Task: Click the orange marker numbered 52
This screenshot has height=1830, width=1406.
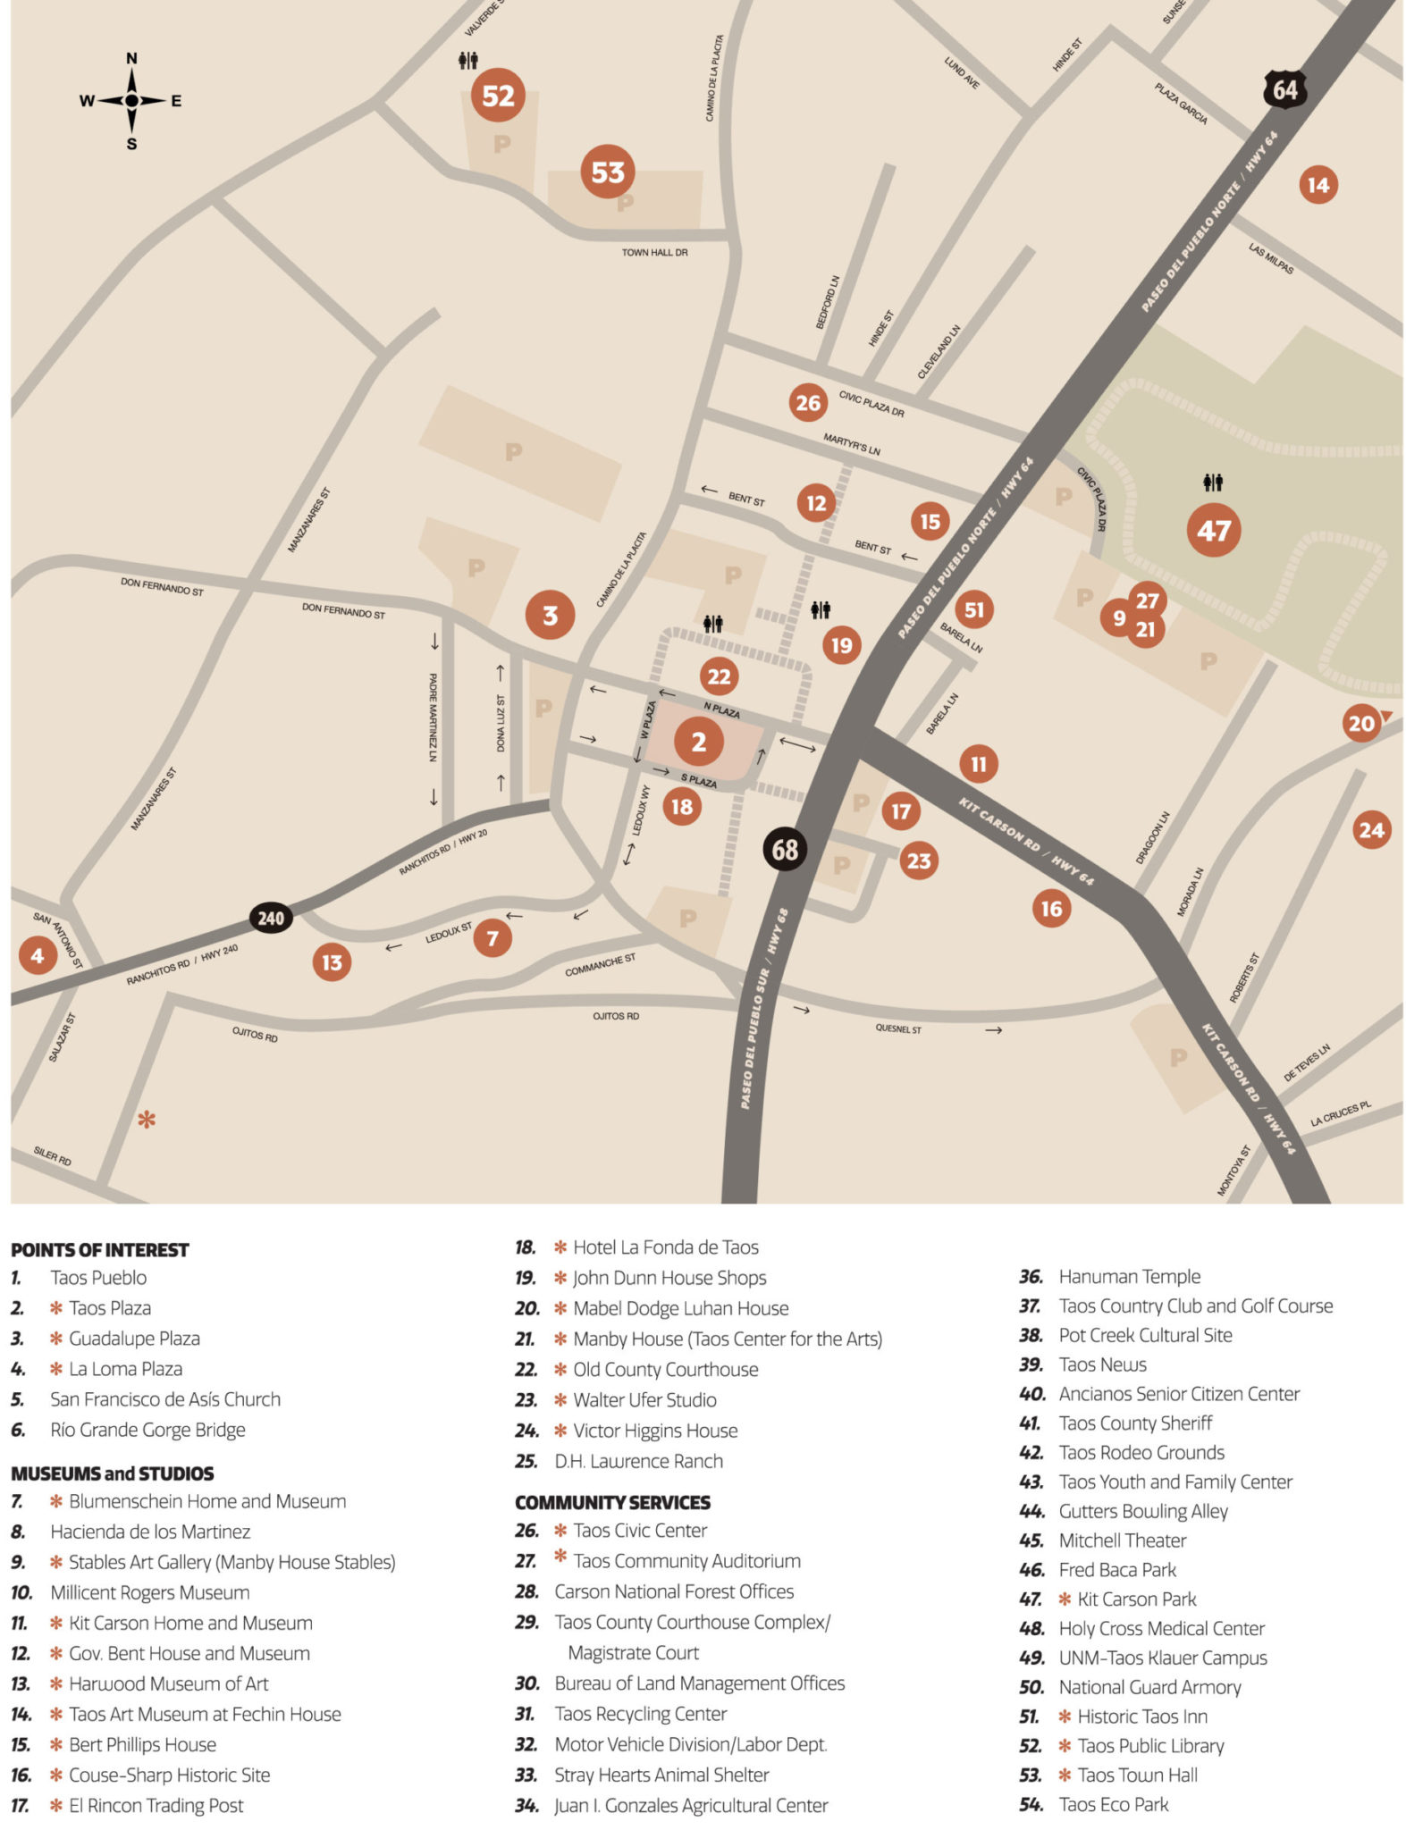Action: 498,95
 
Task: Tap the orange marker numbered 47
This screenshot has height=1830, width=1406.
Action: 1213,531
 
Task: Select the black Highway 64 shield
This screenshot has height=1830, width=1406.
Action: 1284,89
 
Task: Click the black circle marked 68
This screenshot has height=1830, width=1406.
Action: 785,849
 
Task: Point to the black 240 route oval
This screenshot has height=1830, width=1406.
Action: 271,918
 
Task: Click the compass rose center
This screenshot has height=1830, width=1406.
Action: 131,100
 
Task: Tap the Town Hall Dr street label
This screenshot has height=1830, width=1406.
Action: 654,253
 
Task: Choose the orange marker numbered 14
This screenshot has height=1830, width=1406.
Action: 1318,185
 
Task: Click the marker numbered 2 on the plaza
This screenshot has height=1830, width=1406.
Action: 698,741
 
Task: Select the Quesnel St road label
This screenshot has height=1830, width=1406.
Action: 897,1028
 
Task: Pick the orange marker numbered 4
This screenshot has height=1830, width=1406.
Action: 37,955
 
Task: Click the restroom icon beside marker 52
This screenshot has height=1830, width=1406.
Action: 467,61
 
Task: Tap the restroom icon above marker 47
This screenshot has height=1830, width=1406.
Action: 1212,483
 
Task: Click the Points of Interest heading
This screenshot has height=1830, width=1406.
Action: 99,1249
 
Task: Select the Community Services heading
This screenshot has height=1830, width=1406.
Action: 612,1502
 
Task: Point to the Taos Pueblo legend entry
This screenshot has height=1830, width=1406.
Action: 97,1278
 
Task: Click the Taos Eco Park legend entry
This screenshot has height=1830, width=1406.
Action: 1113,1804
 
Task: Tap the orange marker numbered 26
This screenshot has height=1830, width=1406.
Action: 808,403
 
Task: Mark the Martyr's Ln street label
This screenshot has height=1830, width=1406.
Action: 851,443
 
